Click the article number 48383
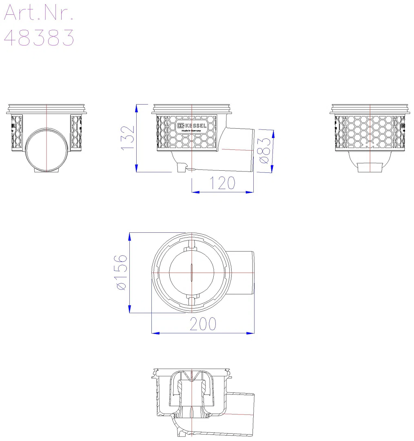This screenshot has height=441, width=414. click(x=39, y=38)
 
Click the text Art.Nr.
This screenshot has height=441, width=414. click(x=38, y=12)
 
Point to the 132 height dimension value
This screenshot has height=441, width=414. click(x=128, y=138)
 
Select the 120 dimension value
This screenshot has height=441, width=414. click(x=222, y=183)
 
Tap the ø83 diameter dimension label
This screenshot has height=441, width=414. click(x=265, y=150)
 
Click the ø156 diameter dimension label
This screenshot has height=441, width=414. click(x=121, y=272)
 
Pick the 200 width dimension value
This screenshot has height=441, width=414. click(x=203, y=324)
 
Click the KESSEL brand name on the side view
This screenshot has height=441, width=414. click(x=196, y=126)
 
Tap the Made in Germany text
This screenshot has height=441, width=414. click(x=191, y=131)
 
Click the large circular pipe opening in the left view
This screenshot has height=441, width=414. click(x=46, y=149)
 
